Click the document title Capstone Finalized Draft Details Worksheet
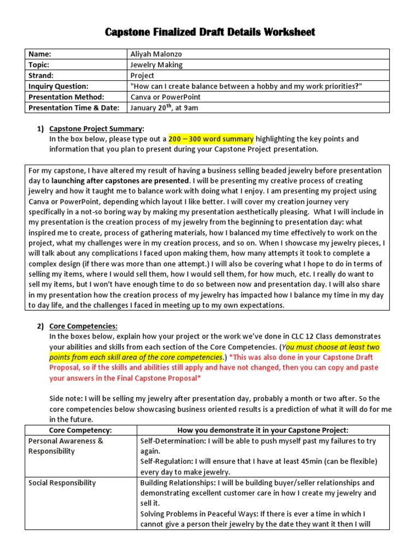point(209,33)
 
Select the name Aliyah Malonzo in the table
point(157,54)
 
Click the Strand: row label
point(42,75)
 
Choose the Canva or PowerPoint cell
point(165,97)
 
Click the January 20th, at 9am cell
point(165,108)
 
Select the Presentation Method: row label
point(62,97)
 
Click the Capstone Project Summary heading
point(96,129)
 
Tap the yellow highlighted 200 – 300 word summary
point(211,139)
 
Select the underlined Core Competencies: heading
point(83,326)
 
